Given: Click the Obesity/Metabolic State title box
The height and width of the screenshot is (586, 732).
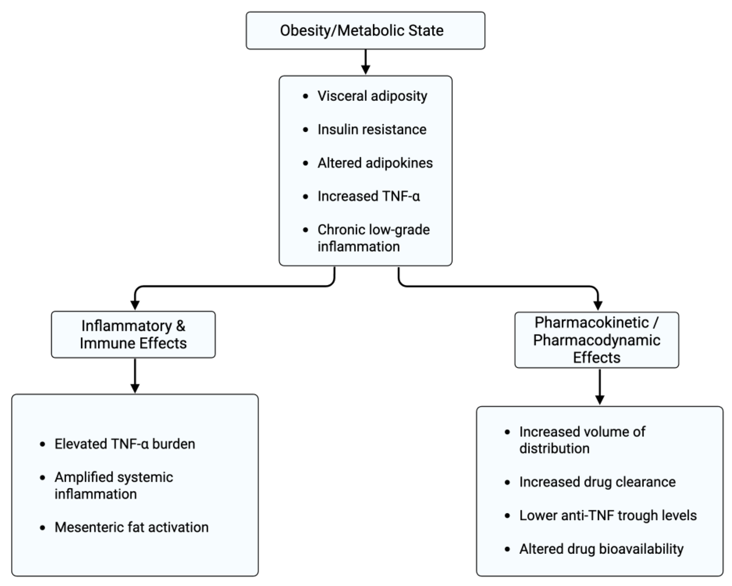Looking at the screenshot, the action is point(365,30).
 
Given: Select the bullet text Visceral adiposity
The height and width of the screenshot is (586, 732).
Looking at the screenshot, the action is point(372,96).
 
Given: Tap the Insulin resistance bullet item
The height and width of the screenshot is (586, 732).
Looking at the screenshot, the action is point(372,129).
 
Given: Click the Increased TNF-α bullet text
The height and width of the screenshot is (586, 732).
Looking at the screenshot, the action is point(369,196).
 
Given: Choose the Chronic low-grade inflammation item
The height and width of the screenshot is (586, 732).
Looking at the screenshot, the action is point(373,238).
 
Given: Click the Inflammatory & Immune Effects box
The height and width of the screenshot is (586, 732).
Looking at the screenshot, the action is point(133,334).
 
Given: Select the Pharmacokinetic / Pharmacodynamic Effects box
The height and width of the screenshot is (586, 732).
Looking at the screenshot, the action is point(597,340).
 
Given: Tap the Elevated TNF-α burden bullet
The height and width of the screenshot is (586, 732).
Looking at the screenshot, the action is point(125,444).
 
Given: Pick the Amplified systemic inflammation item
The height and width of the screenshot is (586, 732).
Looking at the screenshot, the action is point(114,486).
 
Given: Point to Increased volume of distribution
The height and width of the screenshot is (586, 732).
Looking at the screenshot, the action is point(582,440).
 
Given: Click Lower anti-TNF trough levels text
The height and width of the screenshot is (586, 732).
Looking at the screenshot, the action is point(608,515).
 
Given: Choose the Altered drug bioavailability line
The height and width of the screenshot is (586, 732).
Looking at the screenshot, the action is point(601,549).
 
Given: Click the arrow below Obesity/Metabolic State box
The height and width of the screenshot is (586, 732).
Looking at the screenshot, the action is point(365,62).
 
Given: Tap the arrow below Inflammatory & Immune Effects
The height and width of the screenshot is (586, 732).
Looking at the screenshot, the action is point(135,376).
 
